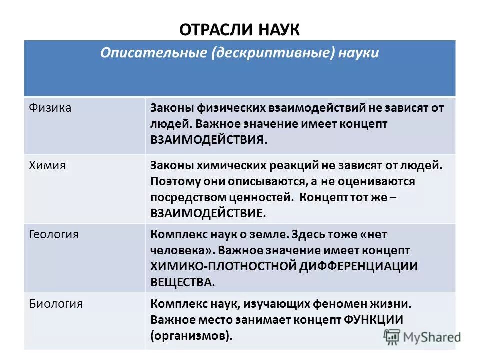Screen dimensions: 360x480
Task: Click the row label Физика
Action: click(50, 108)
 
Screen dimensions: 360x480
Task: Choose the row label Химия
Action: click(48, 165)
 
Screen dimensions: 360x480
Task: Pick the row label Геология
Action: click(54, 234)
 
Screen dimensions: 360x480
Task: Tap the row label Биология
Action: click(56, 303)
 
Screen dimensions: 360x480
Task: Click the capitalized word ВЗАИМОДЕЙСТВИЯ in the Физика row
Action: click(208, 139)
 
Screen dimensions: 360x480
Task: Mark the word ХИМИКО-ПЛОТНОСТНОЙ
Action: click(223, 266)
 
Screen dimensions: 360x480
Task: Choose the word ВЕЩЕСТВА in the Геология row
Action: click(182, 282)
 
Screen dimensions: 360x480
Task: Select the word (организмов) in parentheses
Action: click(191, 335)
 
